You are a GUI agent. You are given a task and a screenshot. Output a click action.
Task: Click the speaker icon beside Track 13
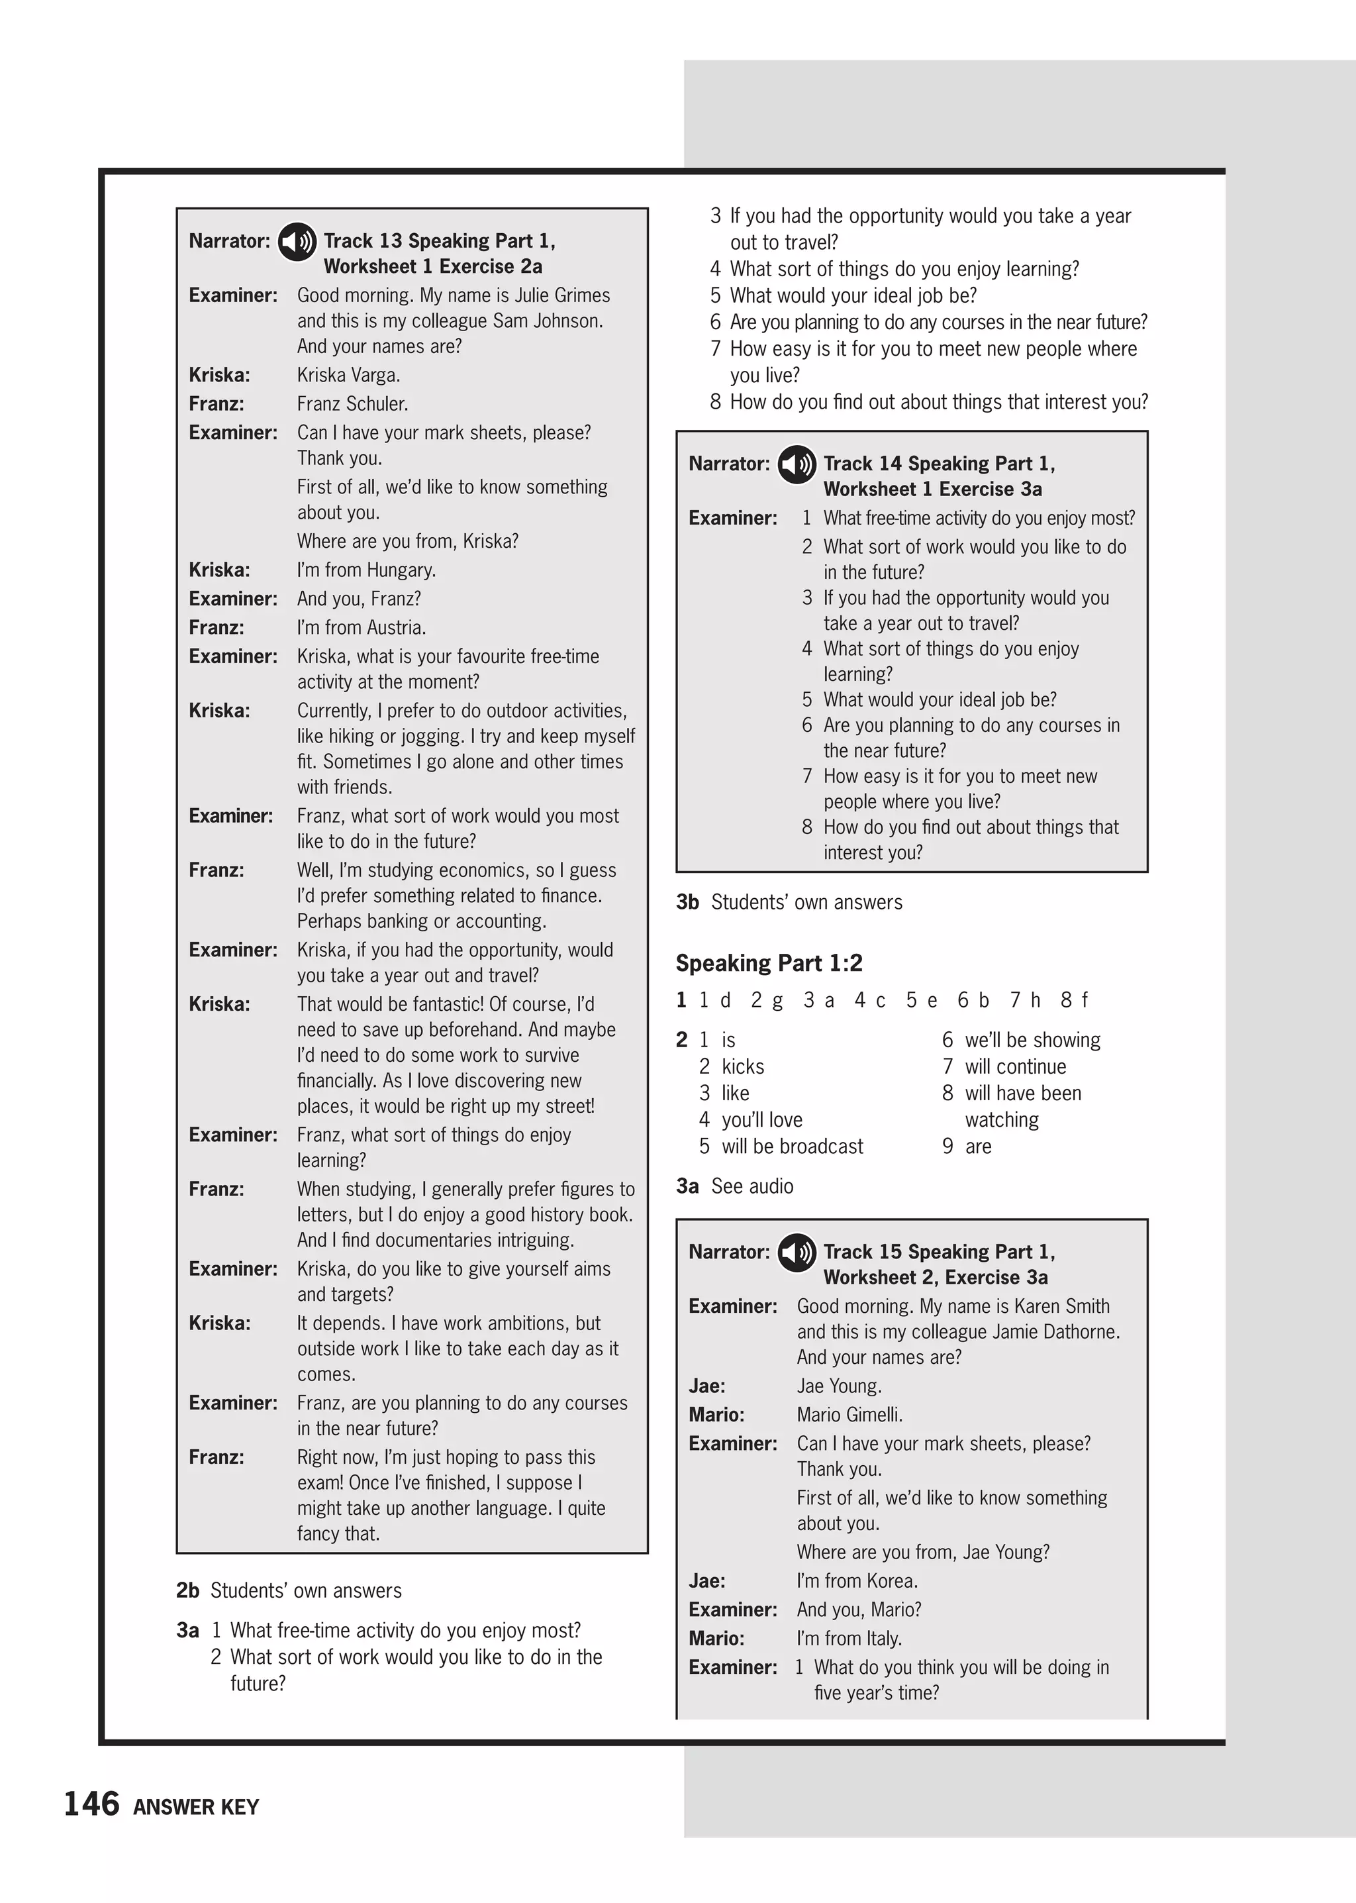click(297, 242)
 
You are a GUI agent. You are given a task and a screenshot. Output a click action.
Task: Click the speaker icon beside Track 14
click(797, 464)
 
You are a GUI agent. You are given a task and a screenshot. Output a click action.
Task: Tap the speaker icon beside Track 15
click(797, 1253)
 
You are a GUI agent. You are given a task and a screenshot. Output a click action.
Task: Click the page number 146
click(92, 1804)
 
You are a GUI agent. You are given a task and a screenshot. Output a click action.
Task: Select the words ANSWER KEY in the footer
click(196, 1807)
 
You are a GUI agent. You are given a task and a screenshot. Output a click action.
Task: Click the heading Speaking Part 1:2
click(768, 963)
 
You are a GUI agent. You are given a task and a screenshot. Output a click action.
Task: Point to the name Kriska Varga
click(348, 375)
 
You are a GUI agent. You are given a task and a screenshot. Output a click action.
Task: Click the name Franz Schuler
click(352, 404)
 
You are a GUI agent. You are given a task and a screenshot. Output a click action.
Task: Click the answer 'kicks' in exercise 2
click(742, 1067)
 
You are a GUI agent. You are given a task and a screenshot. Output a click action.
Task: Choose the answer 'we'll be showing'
click(1032, 1040)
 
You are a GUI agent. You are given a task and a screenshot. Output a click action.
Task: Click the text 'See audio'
click(751, 1186)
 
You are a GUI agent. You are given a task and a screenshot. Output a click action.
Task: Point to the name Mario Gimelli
click(849, 1415)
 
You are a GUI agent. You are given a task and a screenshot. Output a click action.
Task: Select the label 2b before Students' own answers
click(188, 1590)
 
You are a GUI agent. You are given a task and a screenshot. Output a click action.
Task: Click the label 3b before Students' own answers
click(687, 902)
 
